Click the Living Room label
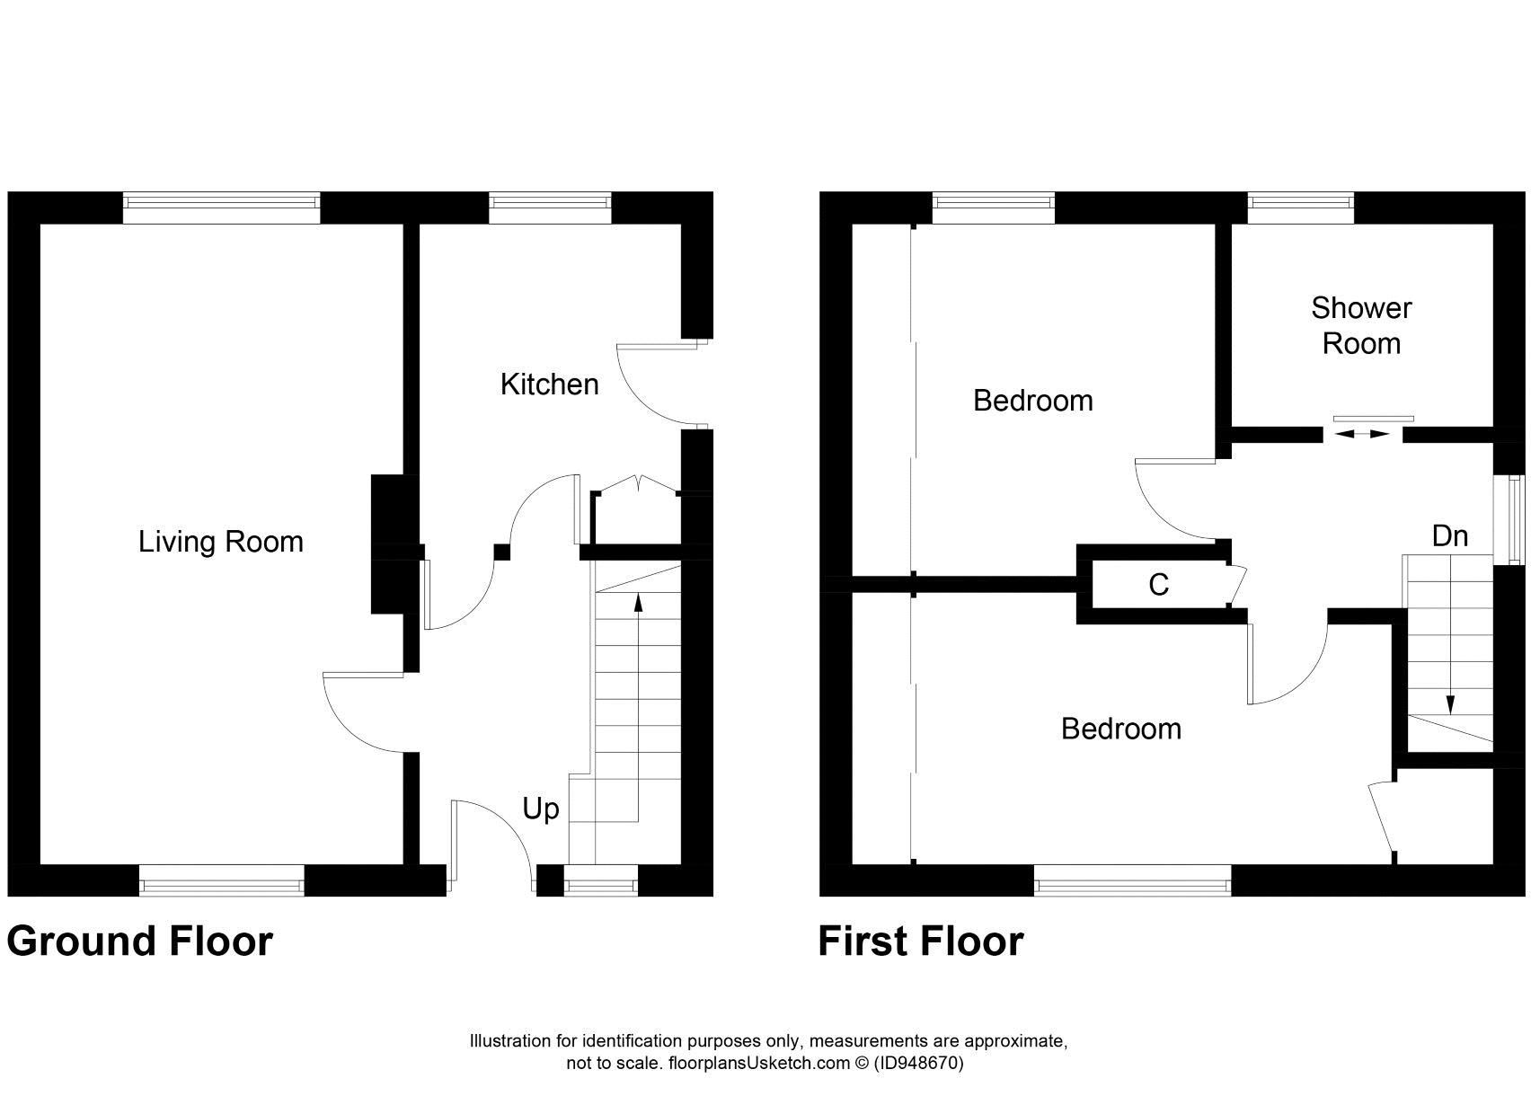click(x=220, y=542)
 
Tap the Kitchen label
click(x=549, y=385)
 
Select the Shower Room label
click(x=1361, y=325)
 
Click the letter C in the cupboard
click(x=1158, y=585)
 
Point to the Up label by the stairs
click(x=541, y=809)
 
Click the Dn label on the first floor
click(x=1449, y=536)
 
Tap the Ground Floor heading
click(x=139, y=941)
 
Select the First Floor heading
click(x=920, y=941)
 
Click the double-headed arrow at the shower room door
click(x=1362, y=434)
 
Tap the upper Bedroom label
click(x=1032, y=400)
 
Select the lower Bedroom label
click(x=1120, y=728)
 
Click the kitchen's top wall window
click(x=550, y=208)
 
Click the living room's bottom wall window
click(x=222, y=880)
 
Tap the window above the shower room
click(x=1301, y=208)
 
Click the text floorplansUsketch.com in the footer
click(x=757, y=1064)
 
